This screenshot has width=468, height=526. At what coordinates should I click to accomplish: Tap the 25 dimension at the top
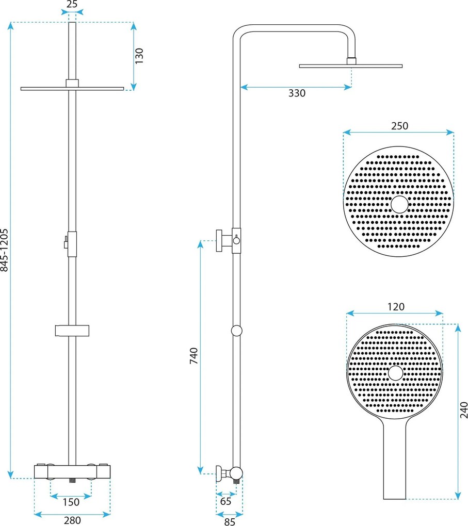click(x=72, y=5)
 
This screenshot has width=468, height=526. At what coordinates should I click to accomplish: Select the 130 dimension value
click(x=139, y=55)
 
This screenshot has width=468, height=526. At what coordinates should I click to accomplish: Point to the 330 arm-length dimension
click(x=297, y=93)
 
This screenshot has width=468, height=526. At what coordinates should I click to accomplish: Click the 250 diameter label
click(x=399, y=126)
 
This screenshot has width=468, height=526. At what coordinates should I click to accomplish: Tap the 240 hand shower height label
click(x=463, y=408)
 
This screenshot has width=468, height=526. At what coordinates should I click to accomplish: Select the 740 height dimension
click(x=194, y=356)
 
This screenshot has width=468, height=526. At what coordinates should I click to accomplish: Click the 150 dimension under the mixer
click(x=71, y=502)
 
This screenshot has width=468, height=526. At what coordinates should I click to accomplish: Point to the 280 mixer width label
click(x=72, y=520)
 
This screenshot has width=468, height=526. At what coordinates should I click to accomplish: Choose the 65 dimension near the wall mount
click(x=225, y=500)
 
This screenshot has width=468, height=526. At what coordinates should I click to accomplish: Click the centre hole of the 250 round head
click(x=399, y=205)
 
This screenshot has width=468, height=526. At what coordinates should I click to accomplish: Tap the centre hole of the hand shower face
click(x=395, y=373)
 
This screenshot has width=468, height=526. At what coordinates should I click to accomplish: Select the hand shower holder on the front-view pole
click(x=72, y=330)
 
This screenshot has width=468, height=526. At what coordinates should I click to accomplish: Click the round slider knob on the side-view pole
click(x=237, y=331)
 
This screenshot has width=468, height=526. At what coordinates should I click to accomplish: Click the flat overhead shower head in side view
click(x=351, y=65)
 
